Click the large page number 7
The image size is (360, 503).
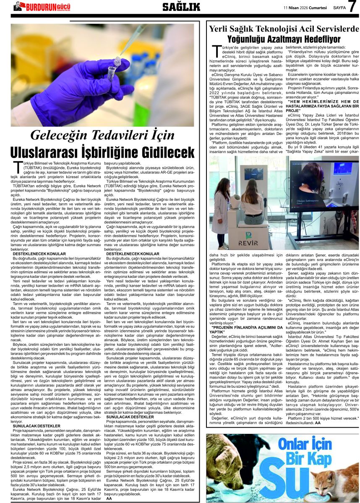click(x=352, y=7)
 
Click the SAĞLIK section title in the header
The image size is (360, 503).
click(x=181, y=7)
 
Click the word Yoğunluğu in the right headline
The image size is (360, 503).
click(x=248, y=39)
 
